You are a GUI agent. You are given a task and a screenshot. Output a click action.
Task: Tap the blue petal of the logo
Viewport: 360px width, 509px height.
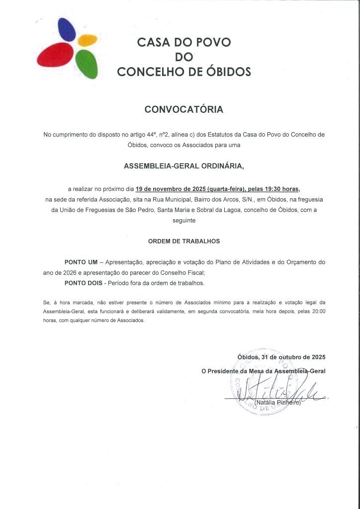(x=67, y=31)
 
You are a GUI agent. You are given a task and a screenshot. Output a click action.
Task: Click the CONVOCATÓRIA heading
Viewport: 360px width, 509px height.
(x=183, y=109)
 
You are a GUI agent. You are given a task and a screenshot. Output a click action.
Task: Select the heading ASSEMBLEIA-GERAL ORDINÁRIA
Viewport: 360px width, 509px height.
(x=183, y=166)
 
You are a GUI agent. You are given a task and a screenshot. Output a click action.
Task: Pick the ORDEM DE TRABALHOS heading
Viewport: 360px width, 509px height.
(x=183, y=241)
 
